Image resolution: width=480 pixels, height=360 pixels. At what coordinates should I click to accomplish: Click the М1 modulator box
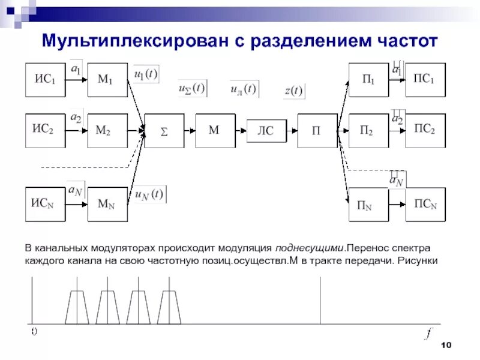108,80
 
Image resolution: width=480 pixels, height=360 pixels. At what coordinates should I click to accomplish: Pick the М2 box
108,130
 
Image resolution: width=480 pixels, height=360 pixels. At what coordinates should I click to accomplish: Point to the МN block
108,204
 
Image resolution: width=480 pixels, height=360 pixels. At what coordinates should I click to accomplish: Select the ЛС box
266,130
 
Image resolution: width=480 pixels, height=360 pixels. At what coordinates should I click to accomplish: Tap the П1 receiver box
368,80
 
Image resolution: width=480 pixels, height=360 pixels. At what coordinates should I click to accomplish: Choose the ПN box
368,204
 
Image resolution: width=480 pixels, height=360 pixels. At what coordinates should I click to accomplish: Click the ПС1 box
425,80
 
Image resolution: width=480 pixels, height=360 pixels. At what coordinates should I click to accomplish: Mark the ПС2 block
425,130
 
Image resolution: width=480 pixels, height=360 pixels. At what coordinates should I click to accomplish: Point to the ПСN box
425,204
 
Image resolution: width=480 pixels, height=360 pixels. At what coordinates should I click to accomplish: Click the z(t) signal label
294,91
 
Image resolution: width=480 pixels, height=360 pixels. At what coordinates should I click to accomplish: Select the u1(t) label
146,74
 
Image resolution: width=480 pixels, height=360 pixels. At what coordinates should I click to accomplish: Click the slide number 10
446,344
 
